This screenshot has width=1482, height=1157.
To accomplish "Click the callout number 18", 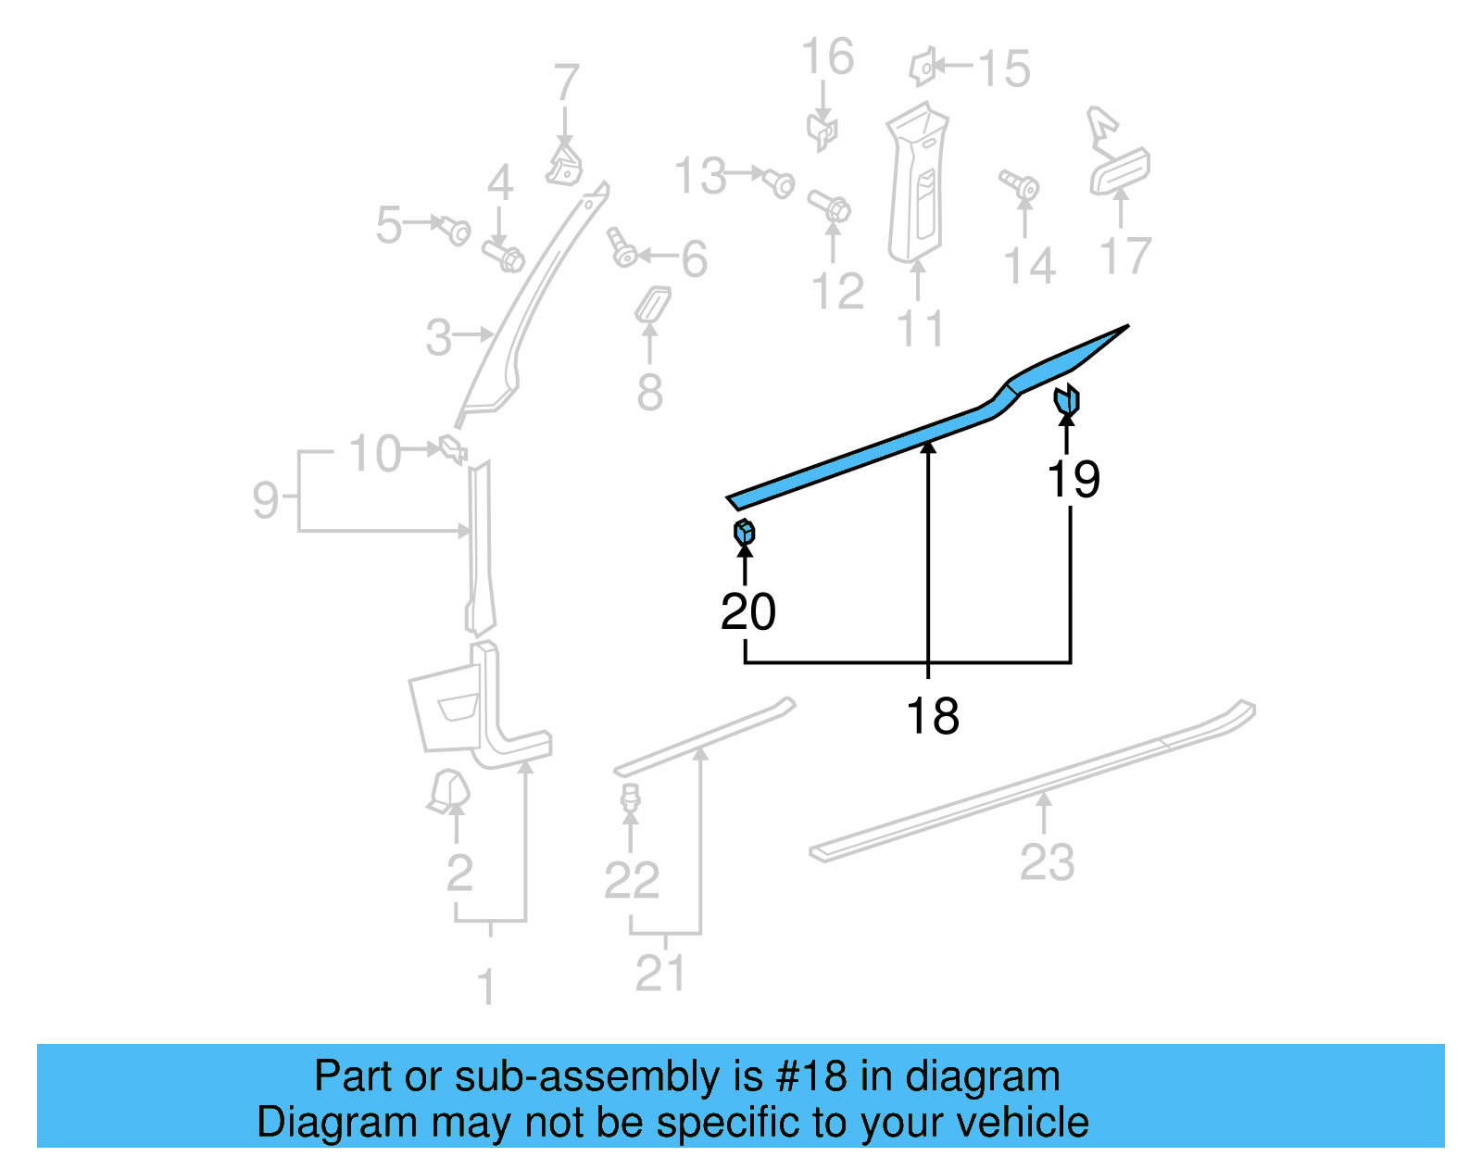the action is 932,716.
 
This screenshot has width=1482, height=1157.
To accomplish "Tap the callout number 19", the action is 1073,479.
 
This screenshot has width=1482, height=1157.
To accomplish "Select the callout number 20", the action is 747,611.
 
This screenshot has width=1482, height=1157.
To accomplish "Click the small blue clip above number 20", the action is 744,532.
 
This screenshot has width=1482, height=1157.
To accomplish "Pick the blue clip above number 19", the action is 1067,400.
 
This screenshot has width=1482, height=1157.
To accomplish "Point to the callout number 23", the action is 1047,862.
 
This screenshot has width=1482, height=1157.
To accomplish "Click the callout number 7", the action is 566,82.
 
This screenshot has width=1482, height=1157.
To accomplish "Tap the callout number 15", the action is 1003,69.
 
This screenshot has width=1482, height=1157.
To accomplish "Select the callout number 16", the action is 826,57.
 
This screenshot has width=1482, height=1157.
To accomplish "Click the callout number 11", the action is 920,328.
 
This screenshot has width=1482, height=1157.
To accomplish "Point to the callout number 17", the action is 1125,255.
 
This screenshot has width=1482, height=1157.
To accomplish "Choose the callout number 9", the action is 265,500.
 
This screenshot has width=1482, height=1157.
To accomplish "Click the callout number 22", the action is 631,879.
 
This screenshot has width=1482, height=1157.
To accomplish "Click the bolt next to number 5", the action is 455,229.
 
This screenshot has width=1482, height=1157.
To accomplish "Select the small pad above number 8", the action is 652,305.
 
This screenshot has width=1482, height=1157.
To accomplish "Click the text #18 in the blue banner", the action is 811,1076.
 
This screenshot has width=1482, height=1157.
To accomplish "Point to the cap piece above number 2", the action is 449,790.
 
